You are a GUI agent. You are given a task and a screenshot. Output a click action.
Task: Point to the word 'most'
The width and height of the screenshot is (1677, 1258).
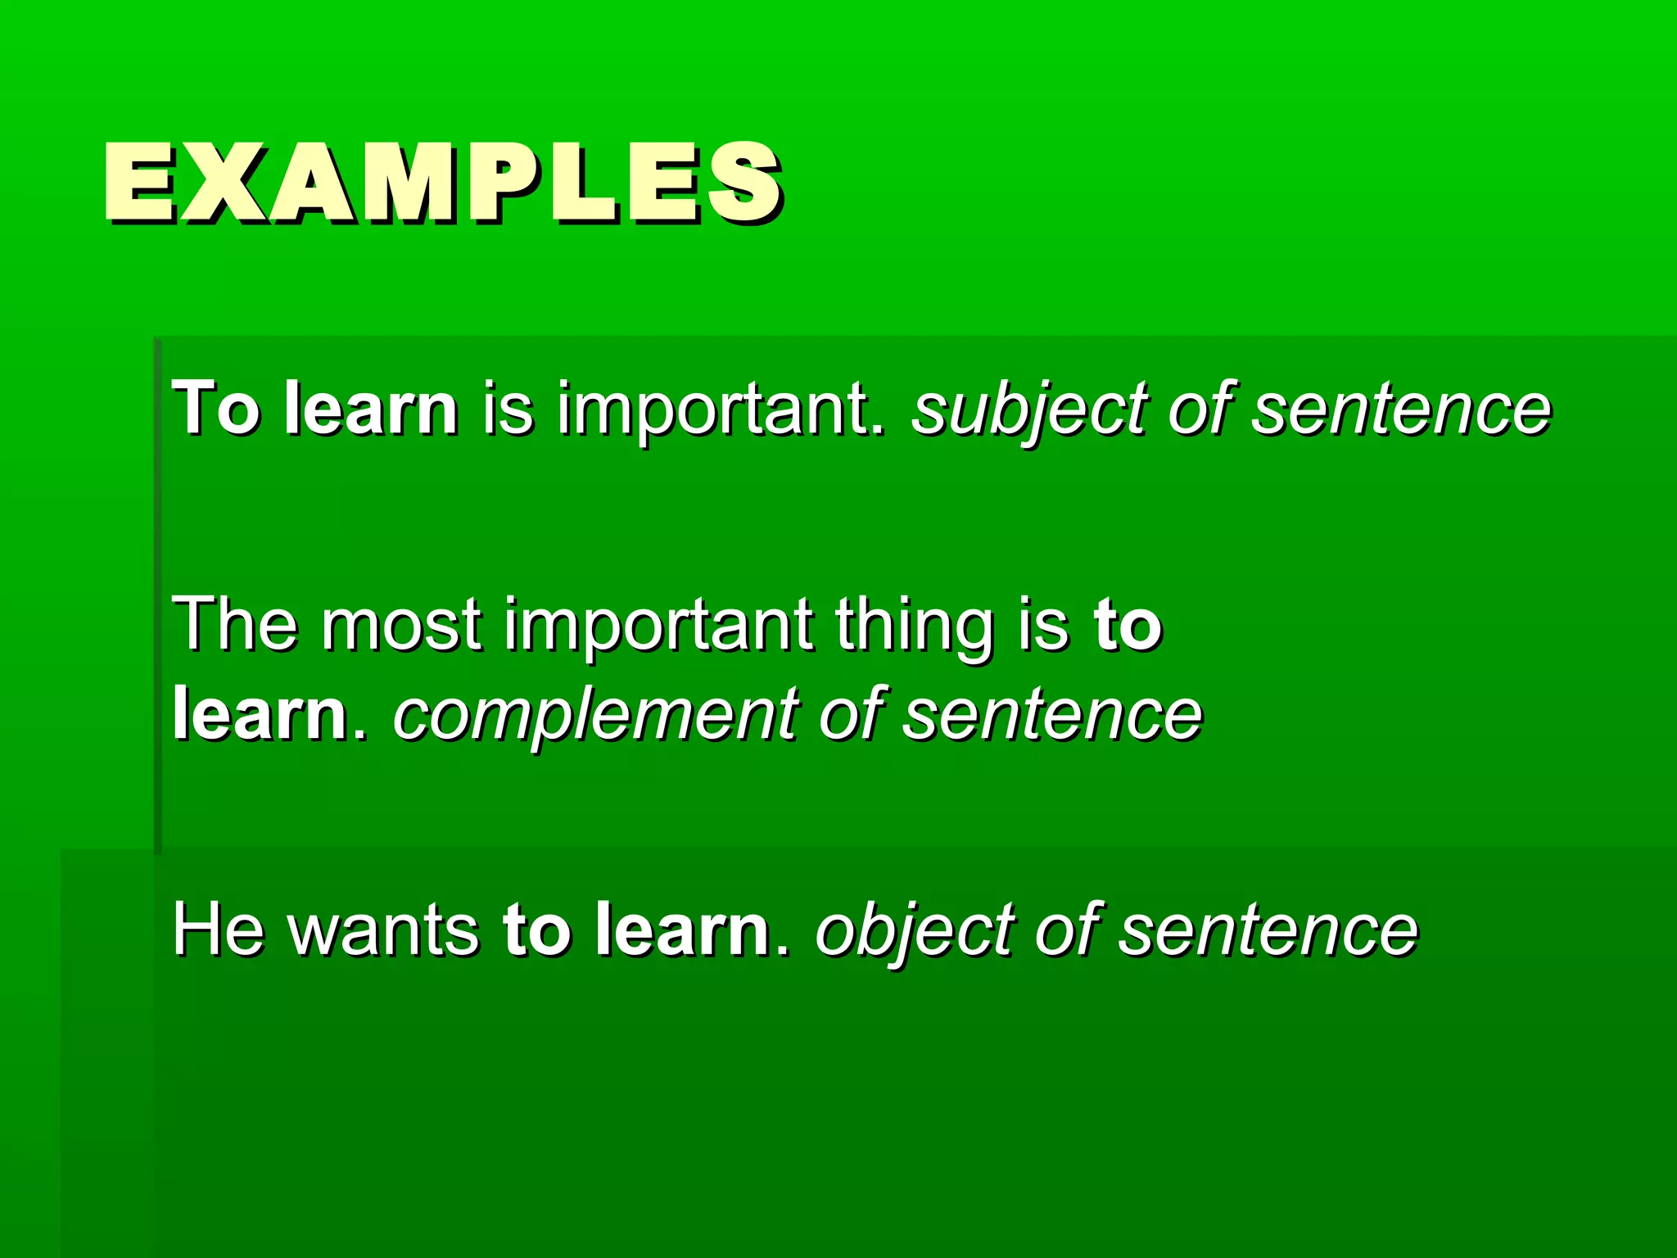tap(401, 624)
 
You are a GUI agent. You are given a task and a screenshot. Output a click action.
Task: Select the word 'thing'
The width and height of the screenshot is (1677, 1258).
tap(917, 624)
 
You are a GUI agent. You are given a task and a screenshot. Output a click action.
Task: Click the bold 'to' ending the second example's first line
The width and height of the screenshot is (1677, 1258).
tap(1128, 624)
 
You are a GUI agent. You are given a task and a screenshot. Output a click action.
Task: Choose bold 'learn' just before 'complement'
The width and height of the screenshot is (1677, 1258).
tap(260, 714)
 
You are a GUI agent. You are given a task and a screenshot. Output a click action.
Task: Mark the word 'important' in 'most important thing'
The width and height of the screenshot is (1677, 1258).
tap(658, 624)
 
